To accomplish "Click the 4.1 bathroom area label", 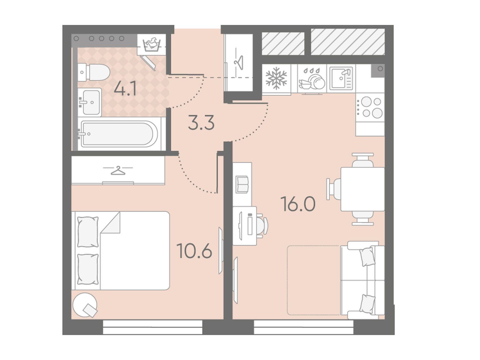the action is coord(125,88).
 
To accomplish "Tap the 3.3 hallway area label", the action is coord(201,123).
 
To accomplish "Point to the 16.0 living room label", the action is coord(298,204).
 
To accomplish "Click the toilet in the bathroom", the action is coord(94,72).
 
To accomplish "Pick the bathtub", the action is coord(119,133).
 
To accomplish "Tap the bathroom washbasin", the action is coord(90,102).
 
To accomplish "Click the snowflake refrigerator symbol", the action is coord(276,78).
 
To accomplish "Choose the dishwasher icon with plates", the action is coord(312,79).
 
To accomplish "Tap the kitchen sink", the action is coord(341,79).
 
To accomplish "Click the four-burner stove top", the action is coord(370,107).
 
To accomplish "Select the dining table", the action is coord(363,189).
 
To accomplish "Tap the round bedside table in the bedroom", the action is coord(85,305).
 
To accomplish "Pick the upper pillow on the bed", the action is coord(88,232).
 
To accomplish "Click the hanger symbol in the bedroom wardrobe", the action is coord(118,170).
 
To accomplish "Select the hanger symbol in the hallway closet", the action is coord(239,62).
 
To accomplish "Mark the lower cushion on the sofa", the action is coord(367,304).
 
